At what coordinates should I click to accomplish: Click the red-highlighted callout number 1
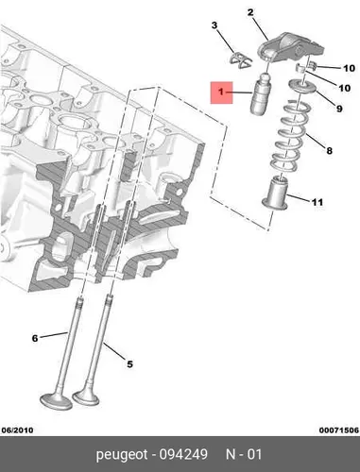click(x=221, y=92)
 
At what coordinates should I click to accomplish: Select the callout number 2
click(x=250, y=12)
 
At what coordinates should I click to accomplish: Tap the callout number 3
click(x=214, y=25)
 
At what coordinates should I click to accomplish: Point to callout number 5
click(x=129, y=364)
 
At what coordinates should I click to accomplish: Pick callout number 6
click(x=35, y=339)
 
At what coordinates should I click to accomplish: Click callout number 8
click(x=329, y=151)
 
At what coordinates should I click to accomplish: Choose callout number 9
click(x=339, y=109)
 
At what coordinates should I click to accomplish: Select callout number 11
click(x=317, y=202)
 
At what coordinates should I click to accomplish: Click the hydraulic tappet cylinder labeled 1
click(x=260, y=93)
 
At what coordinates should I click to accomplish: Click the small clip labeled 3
click(x=240, y=60)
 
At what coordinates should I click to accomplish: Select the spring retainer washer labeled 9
click(x=302, y=86)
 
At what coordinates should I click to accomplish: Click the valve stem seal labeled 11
click(x=275, y=194)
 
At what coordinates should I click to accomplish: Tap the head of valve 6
click(x=57, y=401)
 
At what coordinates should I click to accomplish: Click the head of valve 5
click(x=86, y=397)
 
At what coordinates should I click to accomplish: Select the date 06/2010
click(x=17, y=430)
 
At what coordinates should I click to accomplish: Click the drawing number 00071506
click(x=339, y=430)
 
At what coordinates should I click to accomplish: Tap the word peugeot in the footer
click(x=122, y=455)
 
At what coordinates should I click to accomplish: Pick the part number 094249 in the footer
click(x=183, y=454)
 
